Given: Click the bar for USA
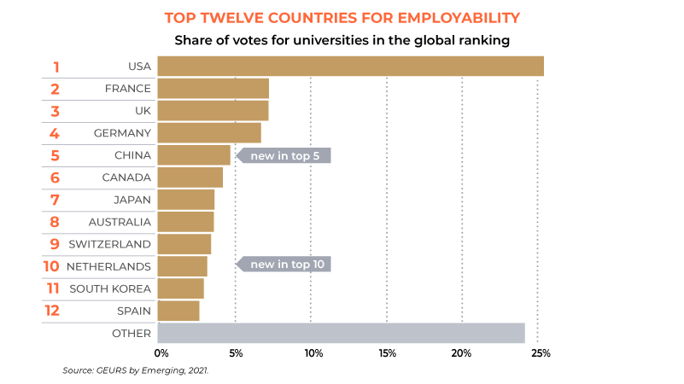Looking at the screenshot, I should [350, 66].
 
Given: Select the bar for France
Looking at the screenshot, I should [213, 88].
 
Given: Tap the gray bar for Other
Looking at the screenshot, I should [341, 333].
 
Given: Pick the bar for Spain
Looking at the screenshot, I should [178, 311].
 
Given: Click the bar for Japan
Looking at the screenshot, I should [186, 200].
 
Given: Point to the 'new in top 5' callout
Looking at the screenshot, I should [284, 155].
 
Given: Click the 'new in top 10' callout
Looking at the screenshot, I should [284, 265].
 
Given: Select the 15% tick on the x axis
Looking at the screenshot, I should [387, 352].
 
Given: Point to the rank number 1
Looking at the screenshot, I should [56, 67].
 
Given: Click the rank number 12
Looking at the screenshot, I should [52, 311].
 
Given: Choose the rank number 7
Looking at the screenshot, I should [55, 200].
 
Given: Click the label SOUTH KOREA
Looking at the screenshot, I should [110, 288].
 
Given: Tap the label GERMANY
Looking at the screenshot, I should [122, 133].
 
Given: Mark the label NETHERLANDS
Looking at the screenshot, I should [108, 266].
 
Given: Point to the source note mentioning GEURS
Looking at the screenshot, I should [135, 371].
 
